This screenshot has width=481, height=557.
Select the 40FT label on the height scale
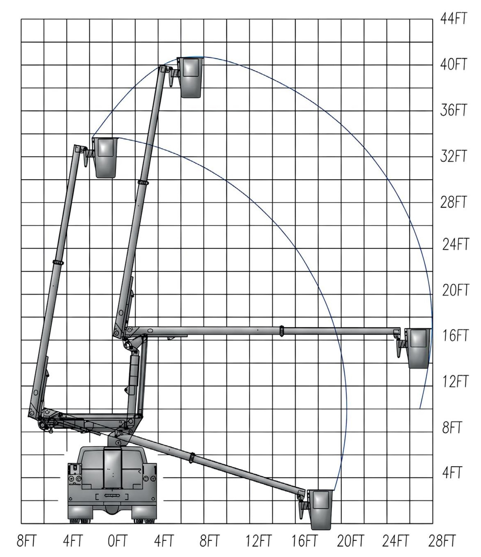click(454, 65)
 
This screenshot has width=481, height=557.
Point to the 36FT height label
click(454, 110)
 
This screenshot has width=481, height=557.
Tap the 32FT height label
click(454, 156)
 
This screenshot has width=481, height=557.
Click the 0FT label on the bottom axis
click(117, 541)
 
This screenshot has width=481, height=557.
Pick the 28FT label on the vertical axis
click(454, 202)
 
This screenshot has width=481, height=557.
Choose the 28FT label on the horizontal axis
click(442, 541)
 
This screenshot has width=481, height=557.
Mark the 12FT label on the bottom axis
click(259, 541)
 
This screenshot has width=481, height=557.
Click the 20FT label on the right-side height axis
click(455, 290)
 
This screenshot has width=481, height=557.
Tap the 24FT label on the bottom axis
click(396, 541)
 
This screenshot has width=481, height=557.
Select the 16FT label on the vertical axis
click(455, 336)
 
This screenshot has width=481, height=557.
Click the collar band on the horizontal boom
click(282, 331)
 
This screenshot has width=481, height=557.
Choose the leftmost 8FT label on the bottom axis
click(26, 541)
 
